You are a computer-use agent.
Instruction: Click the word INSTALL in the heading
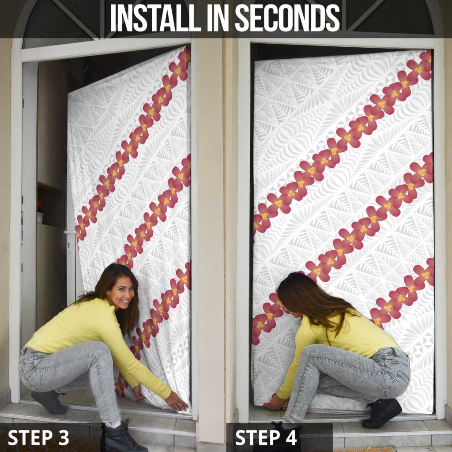point(155,18)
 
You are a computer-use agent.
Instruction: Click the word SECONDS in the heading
point(287,18)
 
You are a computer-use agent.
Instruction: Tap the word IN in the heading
point(217,18)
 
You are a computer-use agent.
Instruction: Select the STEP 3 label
point(38,437)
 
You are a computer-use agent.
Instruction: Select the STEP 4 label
point(266,437)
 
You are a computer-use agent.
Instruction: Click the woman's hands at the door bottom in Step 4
point(277,402)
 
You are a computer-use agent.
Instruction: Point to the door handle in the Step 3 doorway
point(69,232)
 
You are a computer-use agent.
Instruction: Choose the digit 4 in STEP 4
point(291,437)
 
